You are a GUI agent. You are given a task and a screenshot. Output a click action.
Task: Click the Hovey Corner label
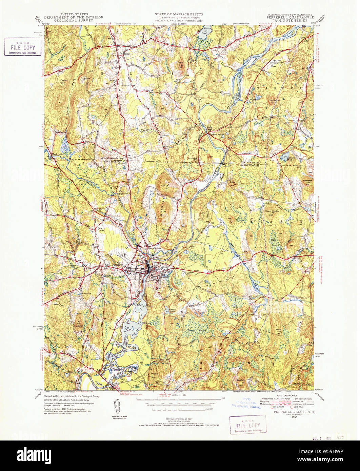[100, 229]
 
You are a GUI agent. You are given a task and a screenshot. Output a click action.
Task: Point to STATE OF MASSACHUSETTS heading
[179, 15]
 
